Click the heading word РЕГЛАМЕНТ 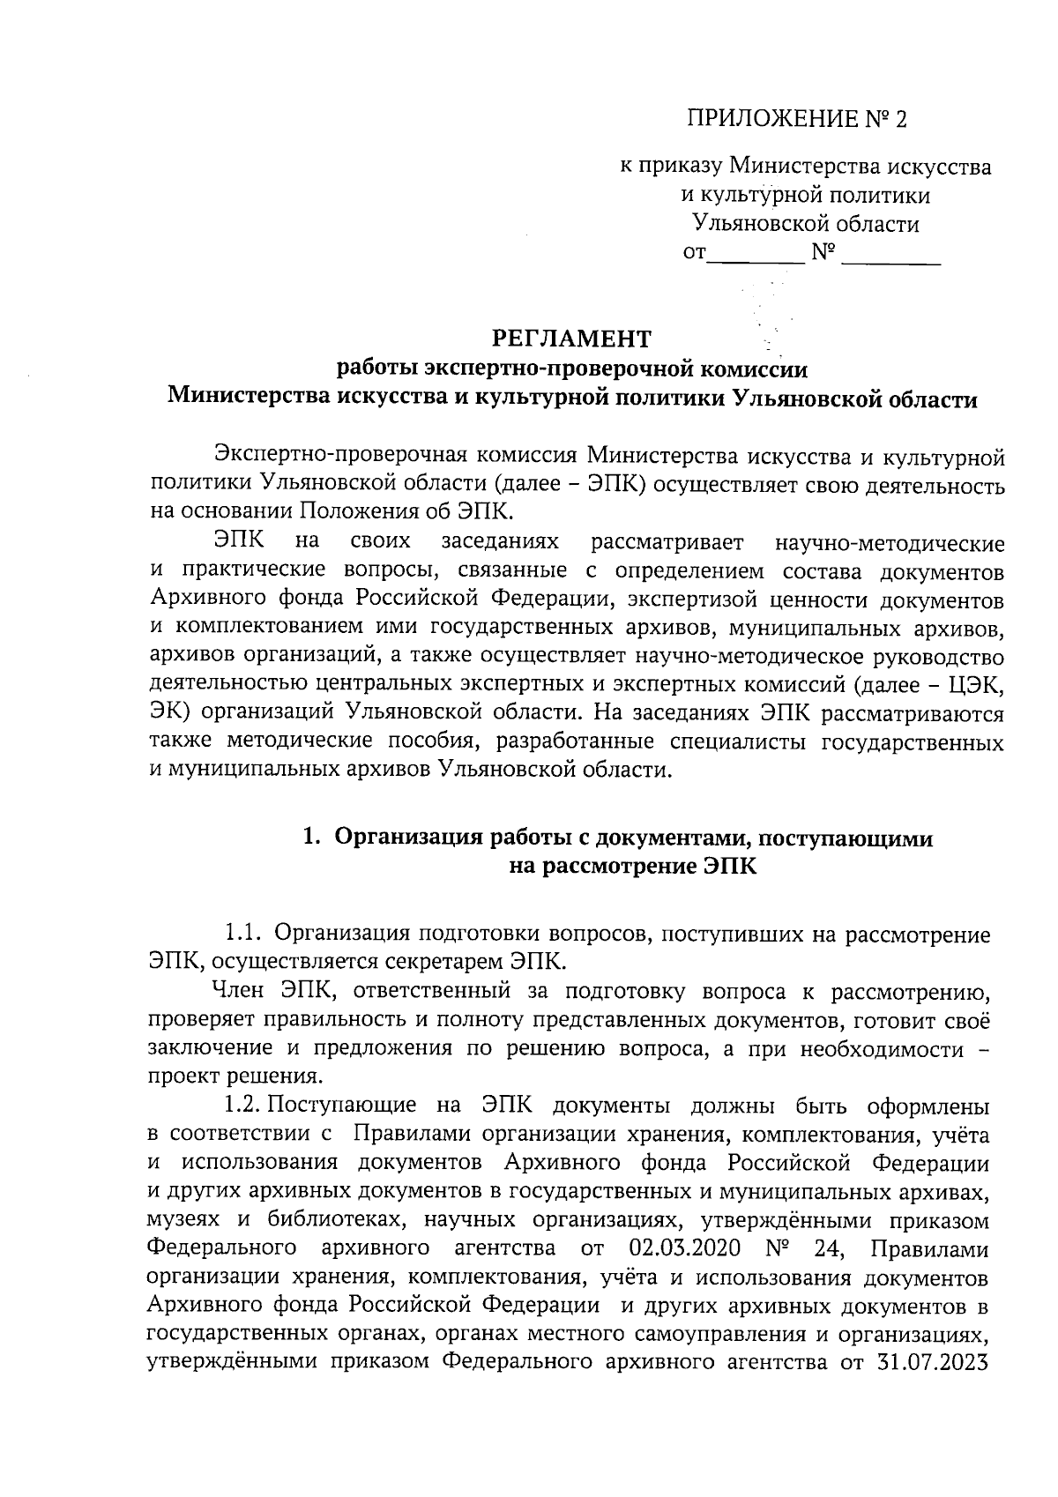click(x=571, y=338)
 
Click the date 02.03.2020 click(x=686, y=1248)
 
